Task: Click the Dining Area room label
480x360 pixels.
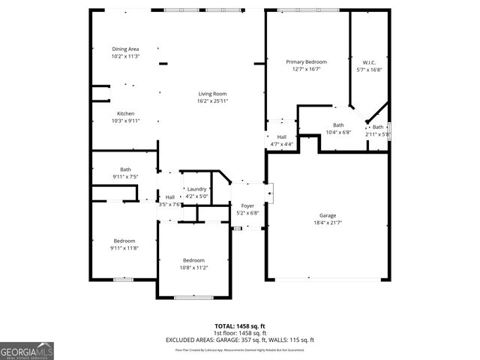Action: pyautogui.click(x=125, y=49)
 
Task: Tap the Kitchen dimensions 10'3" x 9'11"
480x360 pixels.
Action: pyautogui.click(x=125, y=120)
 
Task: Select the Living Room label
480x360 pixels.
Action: pyautogui.click(x=212, y=93)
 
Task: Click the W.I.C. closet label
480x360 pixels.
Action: pyautogui.click(x=368, y=62)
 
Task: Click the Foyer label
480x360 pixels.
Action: pyautogui.click(x=247, y=205)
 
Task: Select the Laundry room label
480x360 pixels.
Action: pyautogui.click(x=197, y=189)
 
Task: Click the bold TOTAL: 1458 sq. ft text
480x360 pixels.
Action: pyautogui.click(x=240, y=325)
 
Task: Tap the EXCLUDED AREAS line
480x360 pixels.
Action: pyautogui.click(x=240, y=340)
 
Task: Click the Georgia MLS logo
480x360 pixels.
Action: pyautogui.click(x=27, y=351)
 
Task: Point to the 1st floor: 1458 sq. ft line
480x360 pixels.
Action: pyautogui.click(x=240, y=332)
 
